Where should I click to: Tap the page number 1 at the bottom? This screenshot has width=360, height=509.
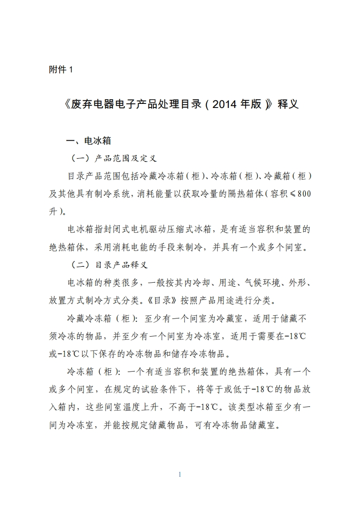tap(180, 475)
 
